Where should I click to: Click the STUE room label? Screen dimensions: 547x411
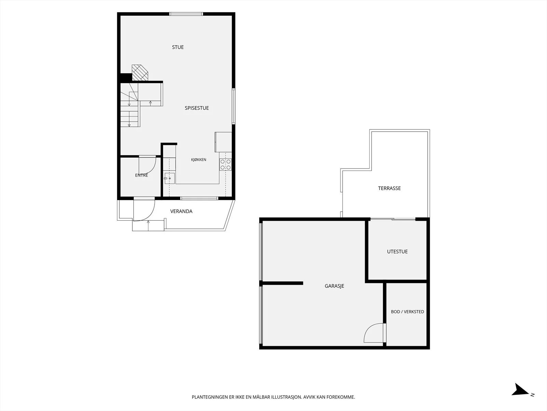tap(178, 47)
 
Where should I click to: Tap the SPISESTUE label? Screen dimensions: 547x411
tap(197, 108)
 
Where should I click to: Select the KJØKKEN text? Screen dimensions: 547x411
tap(199, 160)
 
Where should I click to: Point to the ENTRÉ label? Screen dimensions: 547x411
tap(142, 175)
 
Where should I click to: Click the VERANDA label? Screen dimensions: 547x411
tap(181, 211)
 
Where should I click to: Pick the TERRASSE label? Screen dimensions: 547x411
tap(389, 188)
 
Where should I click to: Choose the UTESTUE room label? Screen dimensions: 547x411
tap(397, 251)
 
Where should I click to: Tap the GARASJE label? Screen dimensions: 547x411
tap(334, 286)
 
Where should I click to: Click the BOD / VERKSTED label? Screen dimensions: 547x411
tap(408, 312)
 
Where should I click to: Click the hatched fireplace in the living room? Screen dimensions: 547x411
tap(140, 73)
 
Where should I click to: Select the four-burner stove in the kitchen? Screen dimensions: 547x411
tap(225, 165)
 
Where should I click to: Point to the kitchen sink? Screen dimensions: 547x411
tap(169, 178)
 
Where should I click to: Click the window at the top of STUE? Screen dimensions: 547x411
tap(186, 14)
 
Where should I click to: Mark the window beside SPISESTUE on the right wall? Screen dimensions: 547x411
tap(234, 106)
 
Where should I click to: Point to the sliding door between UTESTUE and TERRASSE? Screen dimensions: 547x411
tap(393, 219)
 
